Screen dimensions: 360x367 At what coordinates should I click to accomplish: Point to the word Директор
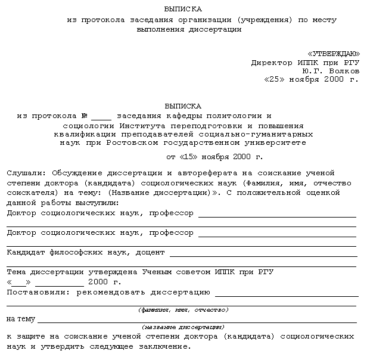click(x=270, y=62)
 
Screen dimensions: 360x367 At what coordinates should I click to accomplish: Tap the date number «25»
click(x=275, y=79)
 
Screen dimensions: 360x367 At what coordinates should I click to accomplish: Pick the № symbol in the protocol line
click(x=84, y=116)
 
